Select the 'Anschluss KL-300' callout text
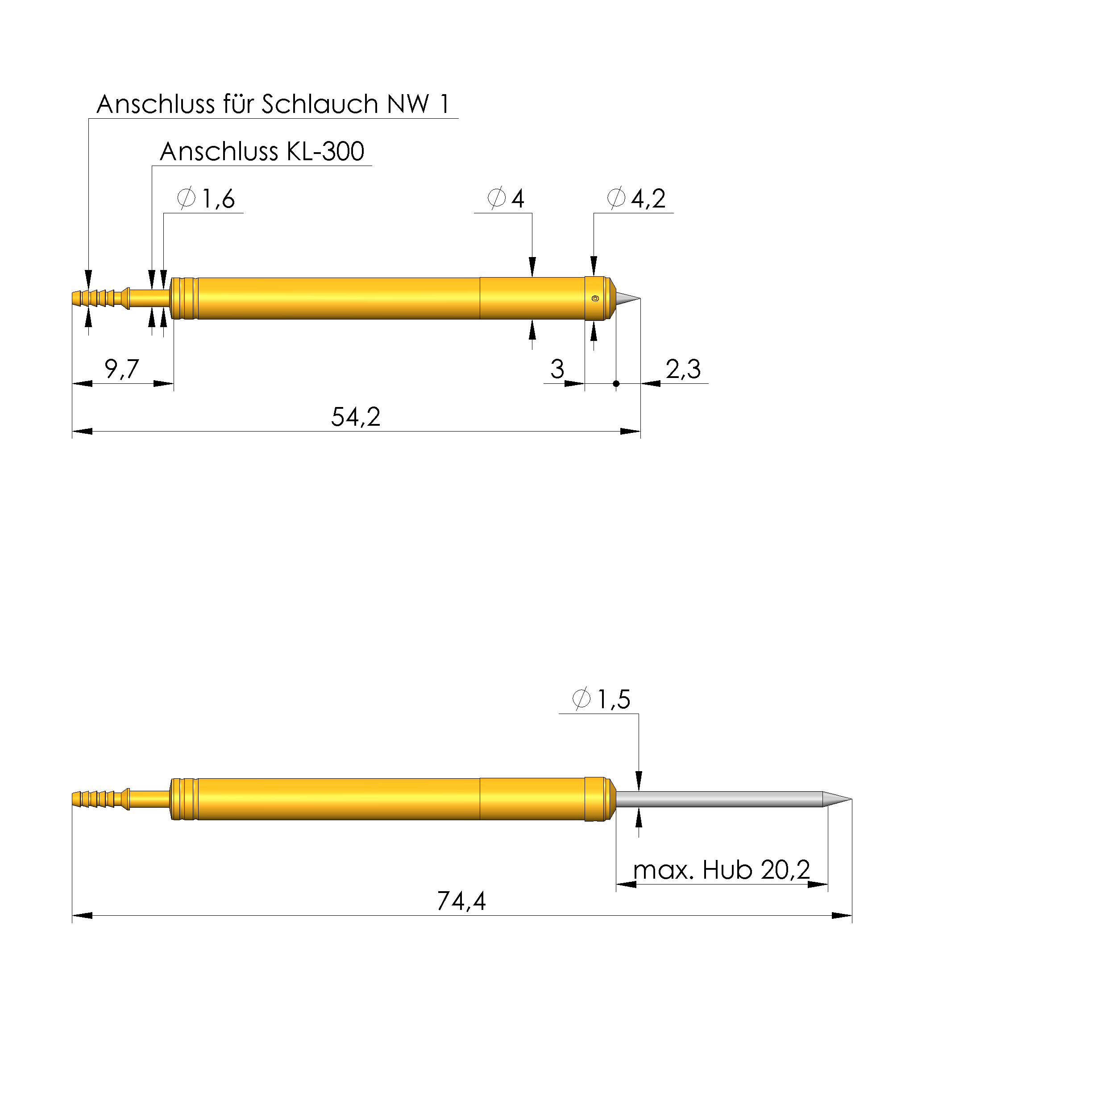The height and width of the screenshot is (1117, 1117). [262, 151]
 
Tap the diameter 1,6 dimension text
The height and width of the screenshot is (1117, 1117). [206, 198]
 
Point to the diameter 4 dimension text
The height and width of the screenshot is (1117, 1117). [506, 198]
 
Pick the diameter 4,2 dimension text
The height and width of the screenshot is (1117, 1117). [636, 198]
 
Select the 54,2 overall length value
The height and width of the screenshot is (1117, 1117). [356, 417]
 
